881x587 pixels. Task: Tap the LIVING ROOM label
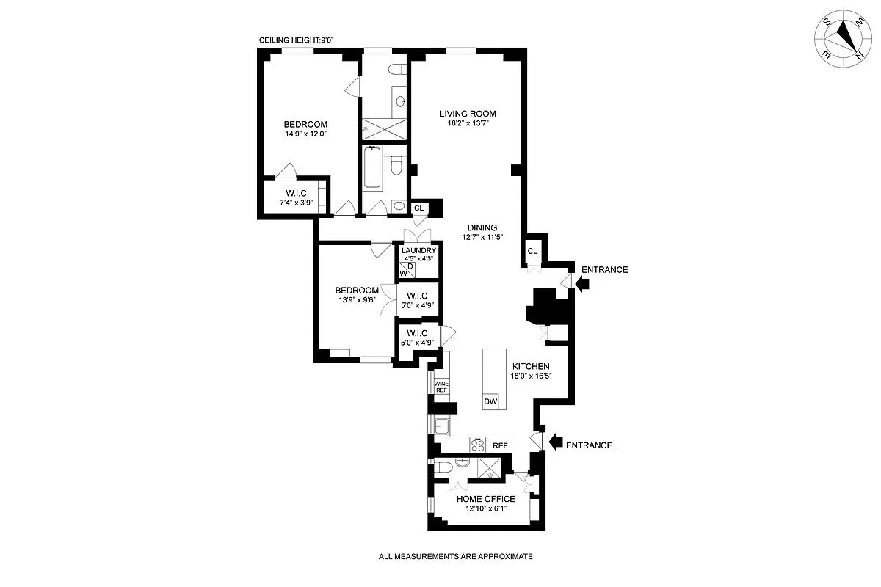point(468,114)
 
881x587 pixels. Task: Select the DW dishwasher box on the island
point(490,401)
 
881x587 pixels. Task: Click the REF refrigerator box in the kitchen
point(500,445)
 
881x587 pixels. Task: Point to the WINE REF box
point(441,387)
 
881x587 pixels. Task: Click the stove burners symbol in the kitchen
point(478,445)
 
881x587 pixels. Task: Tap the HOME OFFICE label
point(485,499)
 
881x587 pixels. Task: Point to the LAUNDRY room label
point(418,250)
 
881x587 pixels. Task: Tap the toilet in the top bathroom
point(396,70)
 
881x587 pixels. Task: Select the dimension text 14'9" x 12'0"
point(305,134)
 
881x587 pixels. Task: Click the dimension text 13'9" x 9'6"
point(357,300)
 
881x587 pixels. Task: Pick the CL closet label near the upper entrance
point(532,252)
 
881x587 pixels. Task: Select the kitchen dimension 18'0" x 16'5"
point(530,376)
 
